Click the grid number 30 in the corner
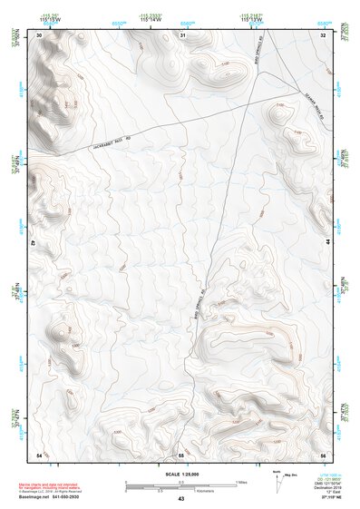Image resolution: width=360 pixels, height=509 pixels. tap(39, 34)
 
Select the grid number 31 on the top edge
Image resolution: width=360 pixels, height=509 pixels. tap(182, 34)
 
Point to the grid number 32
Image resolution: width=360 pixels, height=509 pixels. tap(323, 34)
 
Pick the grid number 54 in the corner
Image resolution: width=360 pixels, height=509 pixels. tap(39, 454)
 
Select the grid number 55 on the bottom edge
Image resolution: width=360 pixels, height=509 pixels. tap(181, 454)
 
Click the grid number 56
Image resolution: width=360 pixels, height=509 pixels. tap(323, 454)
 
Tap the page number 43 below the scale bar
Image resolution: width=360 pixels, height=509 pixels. tap(181, 500)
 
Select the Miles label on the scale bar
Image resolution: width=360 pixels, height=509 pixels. tap(240, 482)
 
